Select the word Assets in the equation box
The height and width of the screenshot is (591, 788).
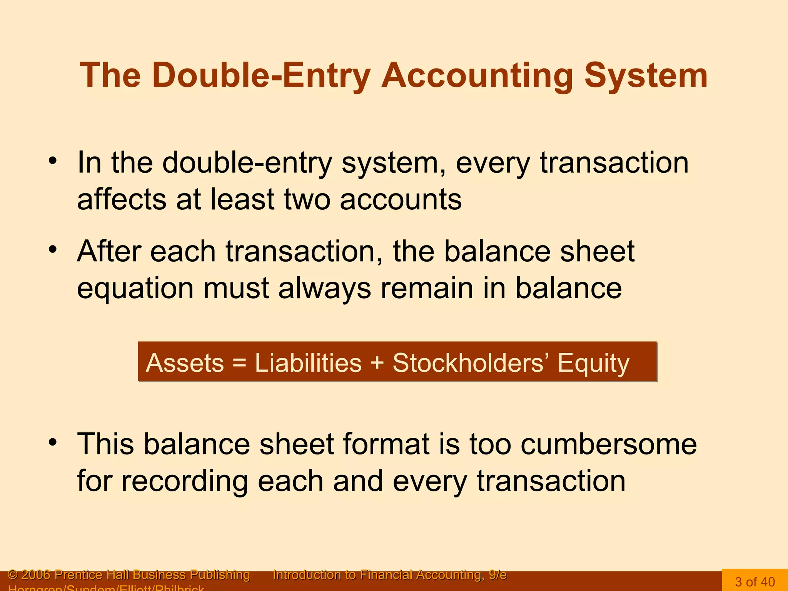point(185,363)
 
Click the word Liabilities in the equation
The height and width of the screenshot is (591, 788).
point(308,363)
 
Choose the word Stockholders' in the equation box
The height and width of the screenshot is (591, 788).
point(471,363)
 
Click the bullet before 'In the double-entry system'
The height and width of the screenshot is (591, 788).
point(53,161)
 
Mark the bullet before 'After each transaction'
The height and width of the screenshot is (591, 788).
point(53,250)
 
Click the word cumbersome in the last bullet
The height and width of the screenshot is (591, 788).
point(609,444)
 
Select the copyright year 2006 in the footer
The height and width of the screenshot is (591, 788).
point(36,575)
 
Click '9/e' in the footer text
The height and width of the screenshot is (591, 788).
point(498,575)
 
